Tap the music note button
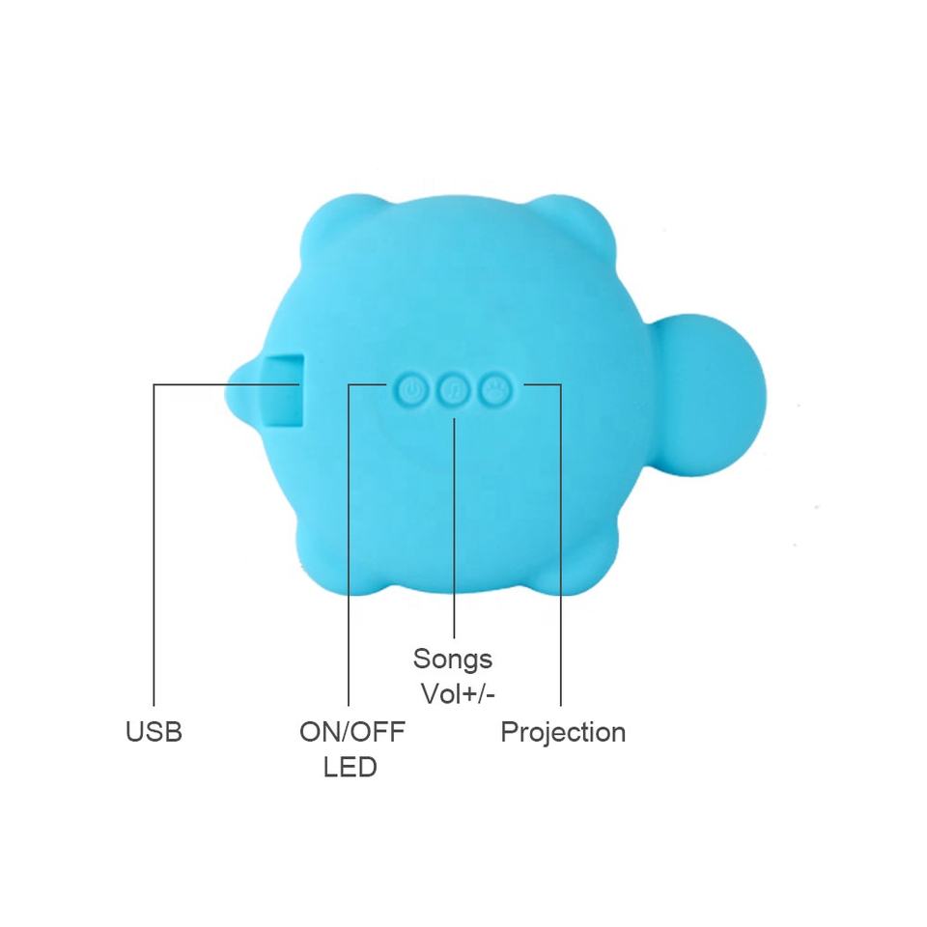point(454,390)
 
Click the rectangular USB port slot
point(284,390)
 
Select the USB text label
point(154,732)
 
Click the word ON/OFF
point(352,732)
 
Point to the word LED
point(350,767)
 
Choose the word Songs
point(453,660)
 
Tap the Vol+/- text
point(458,694)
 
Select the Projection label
point(563,733)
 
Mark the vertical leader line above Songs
point(454,528)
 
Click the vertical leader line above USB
point(154,545)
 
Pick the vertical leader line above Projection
point(560,545)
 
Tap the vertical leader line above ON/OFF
point(349,545)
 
